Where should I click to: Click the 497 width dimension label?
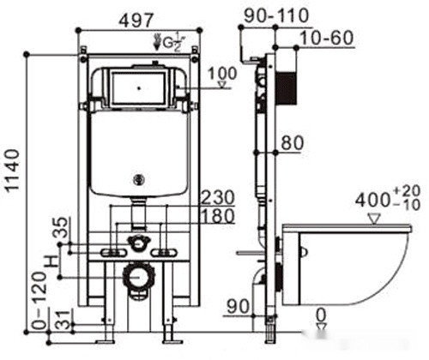coord(136,21)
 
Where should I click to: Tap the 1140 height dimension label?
coord(13,171)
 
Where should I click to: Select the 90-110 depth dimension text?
coord(276,16)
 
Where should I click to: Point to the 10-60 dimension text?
coord(327,38)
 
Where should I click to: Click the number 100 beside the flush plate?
coord(222,74)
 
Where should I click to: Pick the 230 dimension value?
coord(218,198)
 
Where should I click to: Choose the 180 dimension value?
coord(218,216)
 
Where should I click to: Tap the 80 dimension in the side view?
coord(292,143)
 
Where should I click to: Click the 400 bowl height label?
coord(372,201)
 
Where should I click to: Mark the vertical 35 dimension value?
coord(61,228)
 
